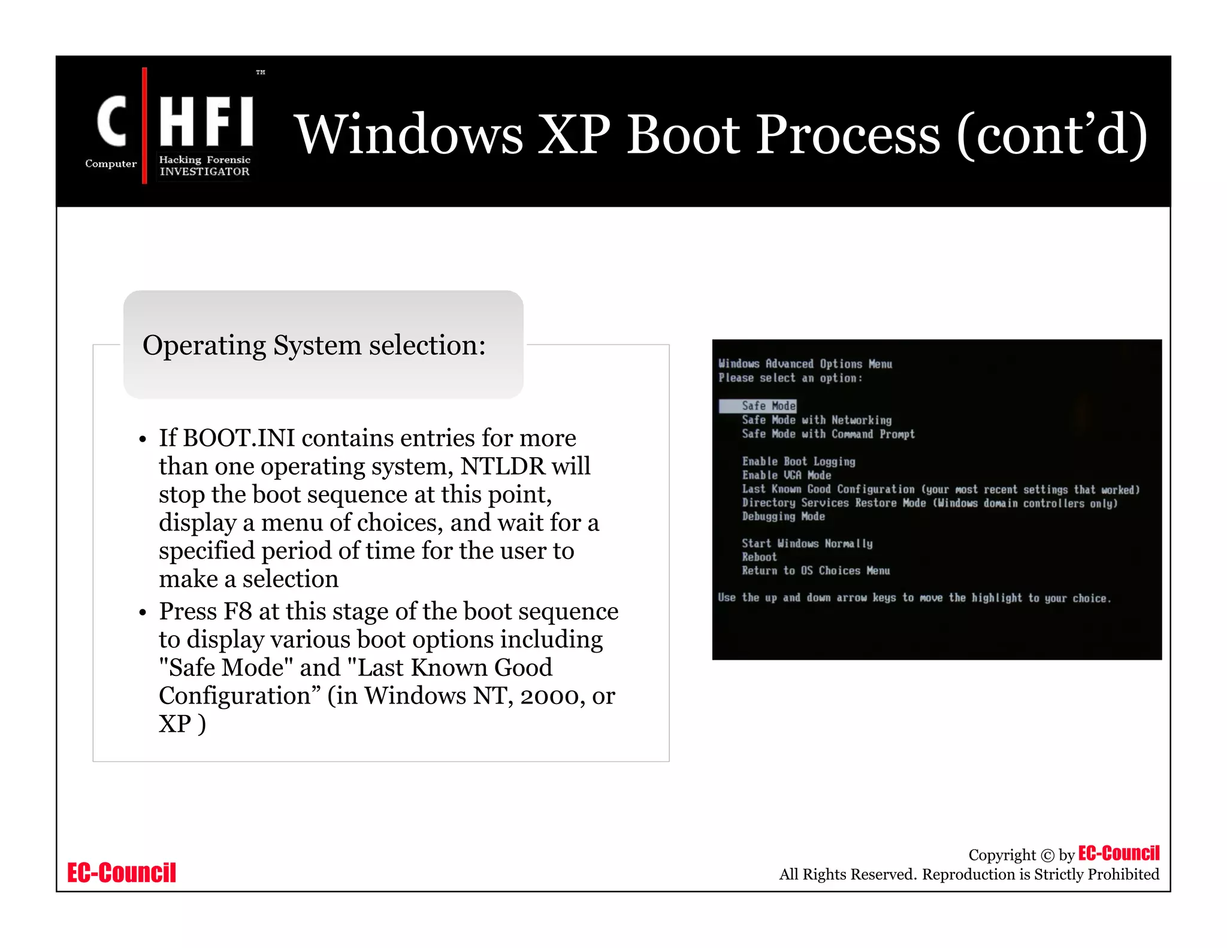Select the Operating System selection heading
[x=314, y=345]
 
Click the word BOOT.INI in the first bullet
[x=238, y=438]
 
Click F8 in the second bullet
[x=237, y=611]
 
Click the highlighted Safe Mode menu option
[x=768, y=406]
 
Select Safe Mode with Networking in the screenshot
[x=816, y=420]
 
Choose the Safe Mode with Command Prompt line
[x=827, y=434]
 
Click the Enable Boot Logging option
[x=798, y=461]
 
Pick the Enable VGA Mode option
[x=786, y=475]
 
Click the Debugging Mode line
[x=783, y=517]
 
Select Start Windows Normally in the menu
[x=806, y=544]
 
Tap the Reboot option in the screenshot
[x=759, y=557]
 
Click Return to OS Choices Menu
[x=815, y=571]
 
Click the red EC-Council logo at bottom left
[x=122, y=872]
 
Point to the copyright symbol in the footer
[x=1047, y=856]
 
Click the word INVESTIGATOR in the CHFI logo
[x=204, y=171]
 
